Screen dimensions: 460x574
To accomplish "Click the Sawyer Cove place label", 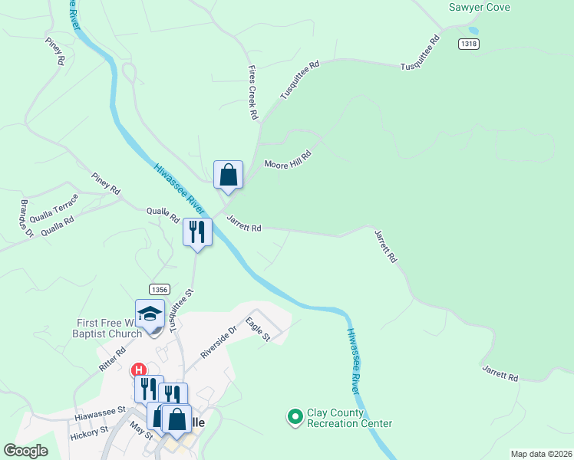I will coord(480,8).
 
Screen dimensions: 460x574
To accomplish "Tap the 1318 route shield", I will coord(469,44).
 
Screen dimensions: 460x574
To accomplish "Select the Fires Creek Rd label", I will coord(251,92).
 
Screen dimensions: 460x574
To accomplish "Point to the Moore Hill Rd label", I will coord(288,159).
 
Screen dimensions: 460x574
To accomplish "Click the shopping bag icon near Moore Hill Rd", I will coord(228,175).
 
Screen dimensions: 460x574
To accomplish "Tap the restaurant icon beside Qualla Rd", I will coord(197,232).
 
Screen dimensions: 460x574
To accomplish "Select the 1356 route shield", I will coord(160,289).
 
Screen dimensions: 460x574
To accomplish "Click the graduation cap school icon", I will coord(150,314).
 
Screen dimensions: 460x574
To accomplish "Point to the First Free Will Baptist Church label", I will coord(109,328).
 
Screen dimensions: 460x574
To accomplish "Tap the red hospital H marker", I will coord(140,370).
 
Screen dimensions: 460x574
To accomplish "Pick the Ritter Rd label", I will coord(111,361).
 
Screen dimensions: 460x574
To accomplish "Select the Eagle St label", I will coord(258,330).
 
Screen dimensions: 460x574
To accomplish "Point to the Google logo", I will coord(25,451).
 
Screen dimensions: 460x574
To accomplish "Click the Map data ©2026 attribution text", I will coord(540,454).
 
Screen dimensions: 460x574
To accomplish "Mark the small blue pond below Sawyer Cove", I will coord(473,31).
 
